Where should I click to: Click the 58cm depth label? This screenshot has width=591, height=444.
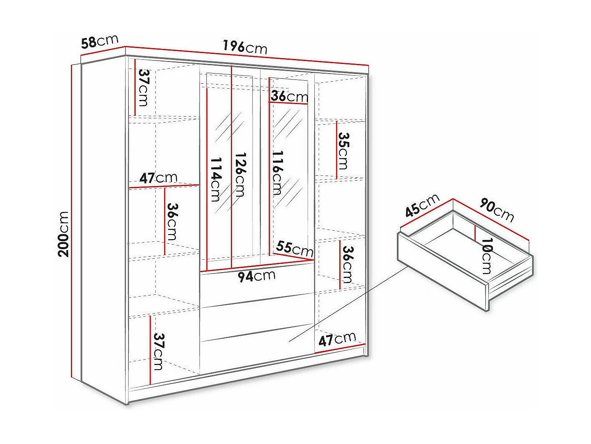(100, 41)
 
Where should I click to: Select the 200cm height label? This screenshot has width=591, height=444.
(64, 234)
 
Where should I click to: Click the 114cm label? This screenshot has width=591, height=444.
(215, 179)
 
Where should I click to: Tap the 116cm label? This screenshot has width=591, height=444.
(276, 173)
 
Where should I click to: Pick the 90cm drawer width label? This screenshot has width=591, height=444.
(497, 209)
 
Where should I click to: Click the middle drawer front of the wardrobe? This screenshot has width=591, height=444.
(256, 316)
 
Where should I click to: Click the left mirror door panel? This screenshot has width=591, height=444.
(230, 167)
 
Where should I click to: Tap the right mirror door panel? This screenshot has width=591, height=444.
(288, 167)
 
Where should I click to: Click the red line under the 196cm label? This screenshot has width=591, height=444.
(246, 55)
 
